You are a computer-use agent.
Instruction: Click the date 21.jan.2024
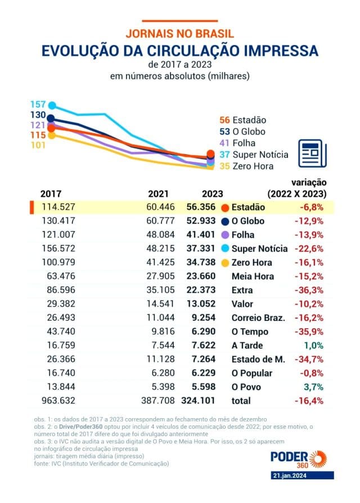[x=302, y=475]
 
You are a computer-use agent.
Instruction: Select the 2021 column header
[x=158, y=193]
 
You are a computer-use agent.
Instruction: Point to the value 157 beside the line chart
[x=38, y=105]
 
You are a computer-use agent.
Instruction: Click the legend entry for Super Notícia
[x=254, y=155]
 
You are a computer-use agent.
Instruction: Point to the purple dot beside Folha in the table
[x=226, y=235]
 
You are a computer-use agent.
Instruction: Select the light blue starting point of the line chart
[x=52, y=105]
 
